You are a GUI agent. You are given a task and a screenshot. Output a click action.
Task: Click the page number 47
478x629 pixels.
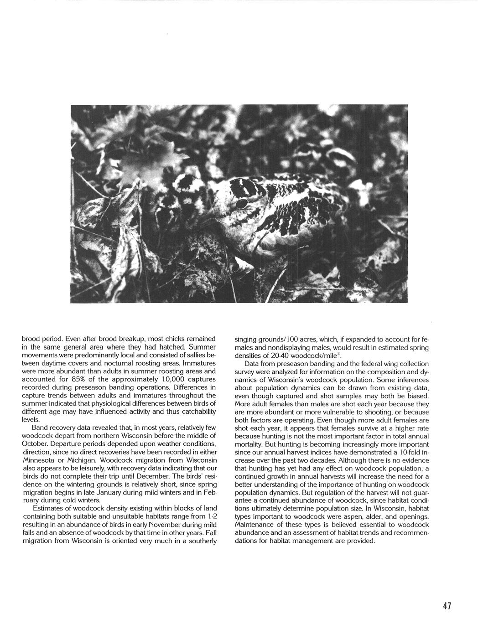(x=446, y=606)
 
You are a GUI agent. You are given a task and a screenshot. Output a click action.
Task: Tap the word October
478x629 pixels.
(x=36, y=443)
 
